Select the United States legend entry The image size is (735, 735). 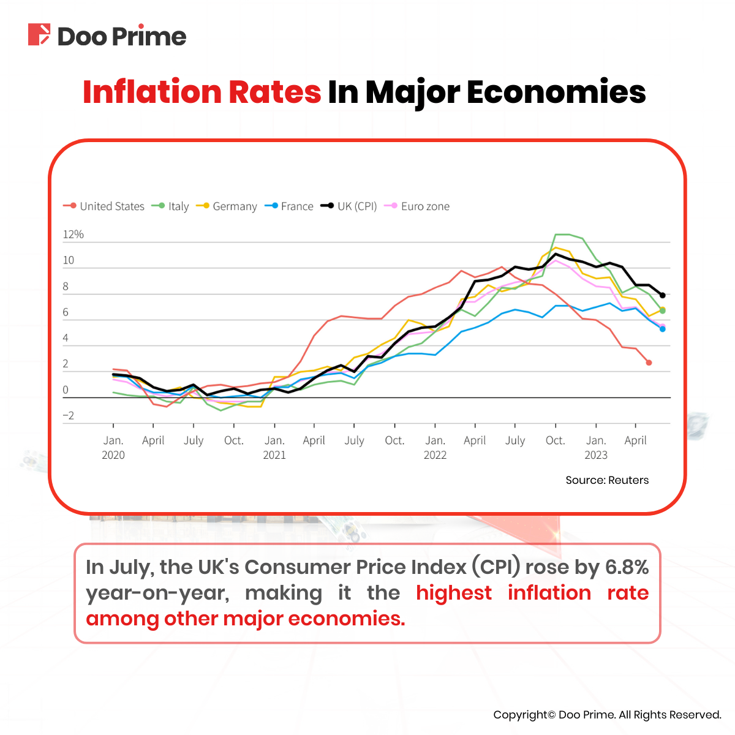pos(104,206)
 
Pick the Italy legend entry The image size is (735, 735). pos(171,206)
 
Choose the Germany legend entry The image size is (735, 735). pos(227,206)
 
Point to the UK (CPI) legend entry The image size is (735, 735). pos(349,206)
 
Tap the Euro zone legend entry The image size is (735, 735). pos(417,206)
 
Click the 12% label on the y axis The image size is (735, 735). pos(73,235)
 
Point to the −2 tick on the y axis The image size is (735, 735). pos(68,416)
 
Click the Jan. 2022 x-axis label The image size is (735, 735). pos(435,447)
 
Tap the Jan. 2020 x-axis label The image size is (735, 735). pos(113,447)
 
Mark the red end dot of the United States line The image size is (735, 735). pos(649,363)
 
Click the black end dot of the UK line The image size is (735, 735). pos(662,295)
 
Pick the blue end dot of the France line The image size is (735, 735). pos(662,329)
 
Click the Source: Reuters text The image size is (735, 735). pos(607,480)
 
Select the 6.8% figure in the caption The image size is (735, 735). pos(627,567)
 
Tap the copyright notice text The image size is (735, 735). pos(607,715)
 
